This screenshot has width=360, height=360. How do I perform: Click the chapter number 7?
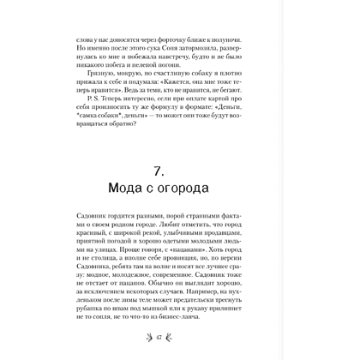[180, 184]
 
